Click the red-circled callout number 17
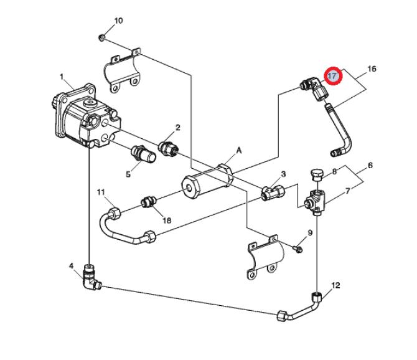[333, 76]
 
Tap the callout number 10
[119, 21]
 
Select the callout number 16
[372, 69]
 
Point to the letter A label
[239, 151]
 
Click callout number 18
[167, 220]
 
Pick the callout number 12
[336, 285]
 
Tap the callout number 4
[71, 265]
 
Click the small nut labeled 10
[101, 37]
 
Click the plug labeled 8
[316, 174]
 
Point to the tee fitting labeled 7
[315, 202]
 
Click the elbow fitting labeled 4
[91, 277]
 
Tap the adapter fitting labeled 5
[143, 154]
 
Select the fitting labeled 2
[168, 149]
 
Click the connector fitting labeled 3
[273, 192]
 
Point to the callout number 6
[370, 166]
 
